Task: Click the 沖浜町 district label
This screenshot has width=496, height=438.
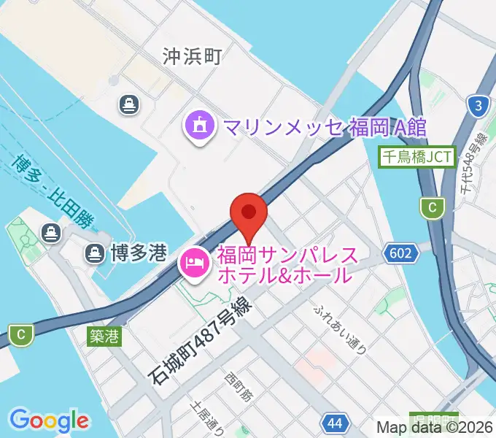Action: [192, 55]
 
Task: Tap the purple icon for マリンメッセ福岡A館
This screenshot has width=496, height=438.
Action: [200, 127]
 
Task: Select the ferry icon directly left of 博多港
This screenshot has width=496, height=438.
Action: [94, 253]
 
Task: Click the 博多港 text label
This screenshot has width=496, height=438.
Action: [139, 253]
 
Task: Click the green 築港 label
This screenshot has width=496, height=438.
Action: [105, 337]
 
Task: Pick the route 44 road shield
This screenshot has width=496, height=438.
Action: [333, 423]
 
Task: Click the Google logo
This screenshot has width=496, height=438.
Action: [50, 421]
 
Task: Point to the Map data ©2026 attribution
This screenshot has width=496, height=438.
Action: [435, 429]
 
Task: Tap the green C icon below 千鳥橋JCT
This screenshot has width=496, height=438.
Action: [433, 208]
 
